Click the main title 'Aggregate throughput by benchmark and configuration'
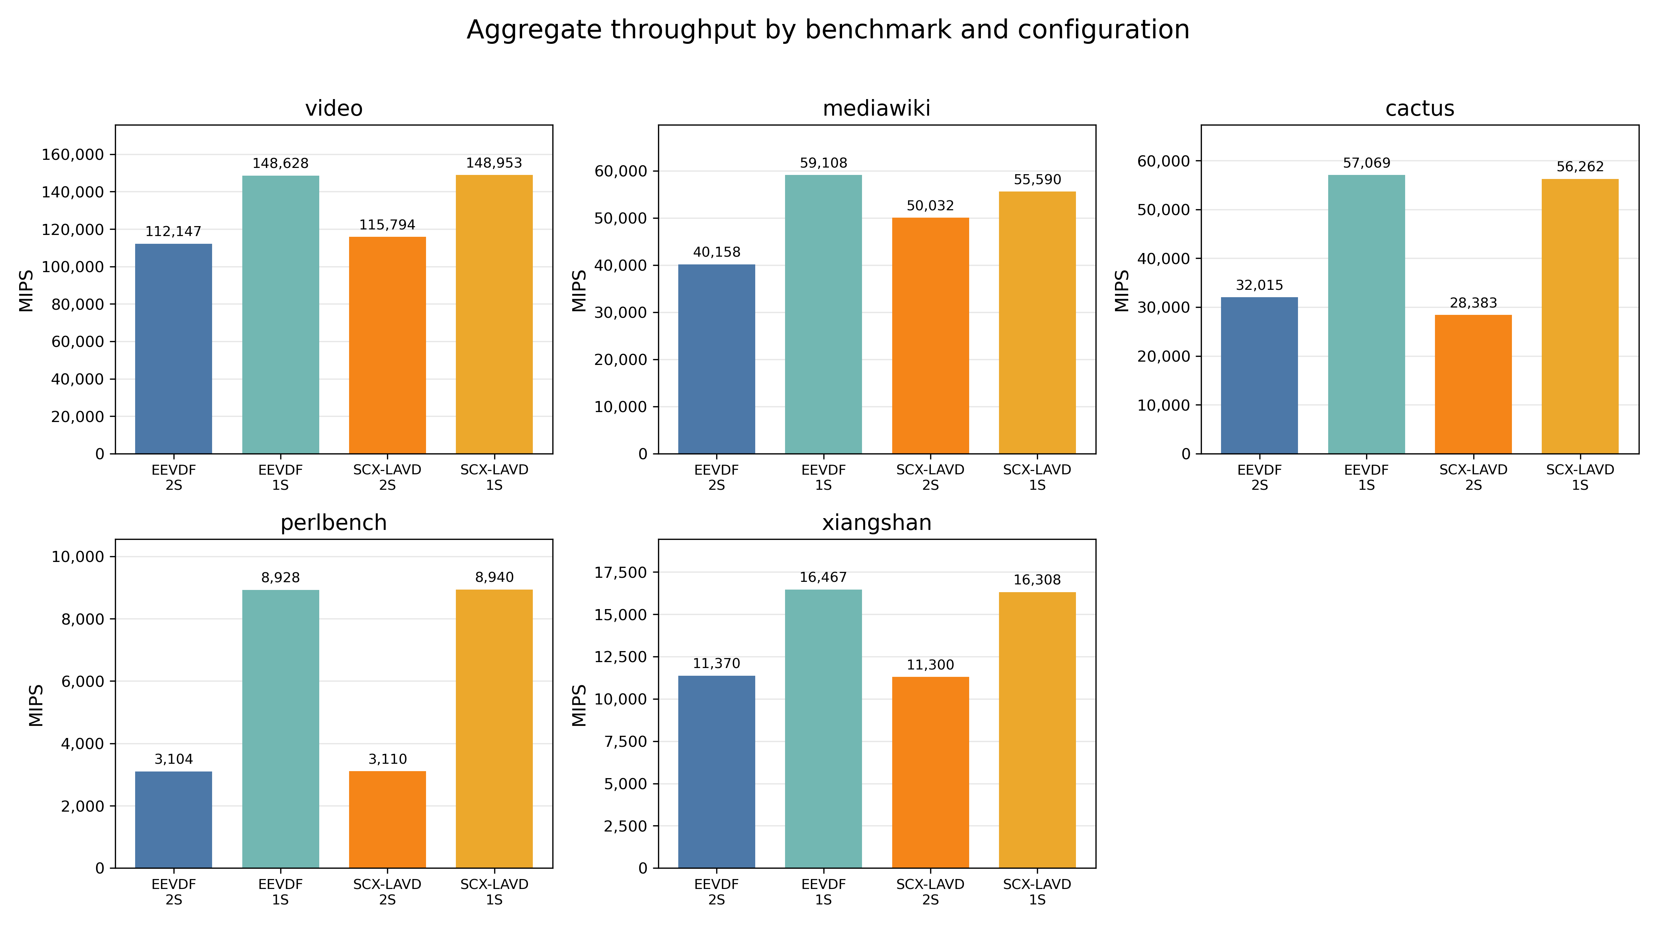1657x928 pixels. [x=828, y=29]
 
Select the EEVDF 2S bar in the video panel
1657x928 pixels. [x=174, y=349]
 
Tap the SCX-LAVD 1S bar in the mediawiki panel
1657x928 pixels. [x=1037, y=323]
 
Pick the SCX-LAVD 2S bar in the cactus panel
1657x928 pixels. [x=1473, y=384]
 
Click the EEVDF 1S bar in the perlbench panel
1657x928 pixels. [x=281, y=729]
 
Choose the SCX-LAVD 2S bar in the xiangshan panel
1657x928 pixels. [x=930, y=772]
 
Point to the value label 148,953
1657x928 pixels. [x=494, y=164]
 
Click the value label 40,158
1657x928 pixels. [x=717, y=252]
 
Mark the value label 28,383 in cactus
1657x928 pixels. [x=1473, y=303]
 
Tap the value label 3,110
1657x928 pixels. [x=387, y=759]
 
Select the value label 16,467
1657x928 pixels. [x=823, y=577]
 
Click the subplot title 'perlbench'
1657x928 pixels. [x=334, y=523]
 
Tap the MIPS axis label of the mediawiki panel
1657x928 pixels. [x=580, y=291]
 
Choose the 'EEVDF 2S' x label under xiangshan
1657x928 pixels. [x=717, y=892]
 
